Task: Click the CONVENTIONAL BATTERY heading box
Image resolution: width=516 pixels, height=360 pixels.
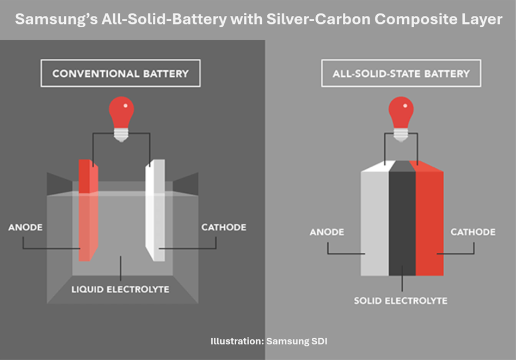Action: (x=120, y=74)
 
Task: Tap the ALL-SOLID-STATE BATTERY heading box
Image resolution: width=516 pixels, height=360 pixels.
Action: (x=401, y=74)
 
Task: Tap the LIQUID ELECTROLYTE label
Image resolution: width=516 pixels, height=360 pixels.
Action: (x=120, y=289)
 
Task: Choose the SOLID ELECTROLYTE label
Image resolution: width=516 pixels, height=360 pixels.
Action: (x=401, y=301)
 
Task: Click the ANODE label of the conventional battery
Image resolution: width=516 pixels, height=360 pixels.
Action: (x=26, y=227)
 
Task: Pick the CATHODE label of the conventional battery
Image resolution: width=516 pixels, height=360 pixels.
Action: (x=224, y=227)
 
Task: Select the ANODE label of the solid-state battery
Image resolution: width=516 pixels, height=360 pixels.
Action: (x=327, y=232)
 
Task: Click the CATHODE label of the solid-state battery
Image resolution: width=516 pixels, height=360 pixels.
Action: (x=473, y=232)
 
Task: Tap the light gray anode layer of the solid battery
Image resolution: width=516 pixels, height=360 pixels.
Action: (x=374, y=223)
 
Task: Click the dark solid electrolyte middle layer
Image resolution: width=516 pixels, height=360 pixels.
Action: (x=402, y=223)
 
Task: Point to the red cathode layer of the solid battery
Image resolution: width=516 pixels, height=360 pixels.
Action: (x=429, y=223)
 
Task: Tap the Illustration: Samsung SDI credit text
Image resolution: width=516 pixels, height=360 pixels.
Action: (x=269, y=341)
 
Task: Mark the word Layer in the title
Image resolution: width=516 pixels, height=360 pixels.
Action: (x=483, y=20)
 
